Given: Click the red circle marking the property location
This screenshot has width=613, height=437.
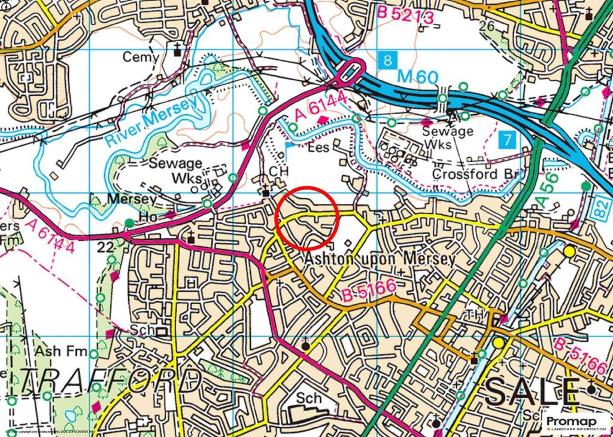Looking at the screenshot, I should point(308,218).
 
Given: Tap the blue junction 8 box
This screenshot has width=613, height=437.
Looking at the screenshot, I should point(388,60).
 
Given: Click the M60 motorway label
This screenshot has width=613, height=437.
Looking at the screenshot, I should point(417,77).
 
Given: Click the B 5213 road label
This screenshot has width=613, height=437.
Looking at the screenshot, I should point(405,16).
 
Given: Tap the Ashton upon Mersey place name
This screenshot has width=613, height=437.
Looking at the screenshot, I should point(380,259).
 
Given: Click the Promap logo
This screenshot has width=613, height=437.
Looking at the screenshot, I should point(577,423).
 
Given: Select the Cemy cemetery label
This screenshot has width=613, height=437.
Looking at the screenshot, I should point(141,57).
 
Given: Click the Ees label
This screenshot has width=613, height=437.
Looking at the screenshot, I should point(318,147).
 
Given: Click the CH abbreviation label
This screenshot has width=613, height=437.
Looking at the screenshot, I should point(279,171).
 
